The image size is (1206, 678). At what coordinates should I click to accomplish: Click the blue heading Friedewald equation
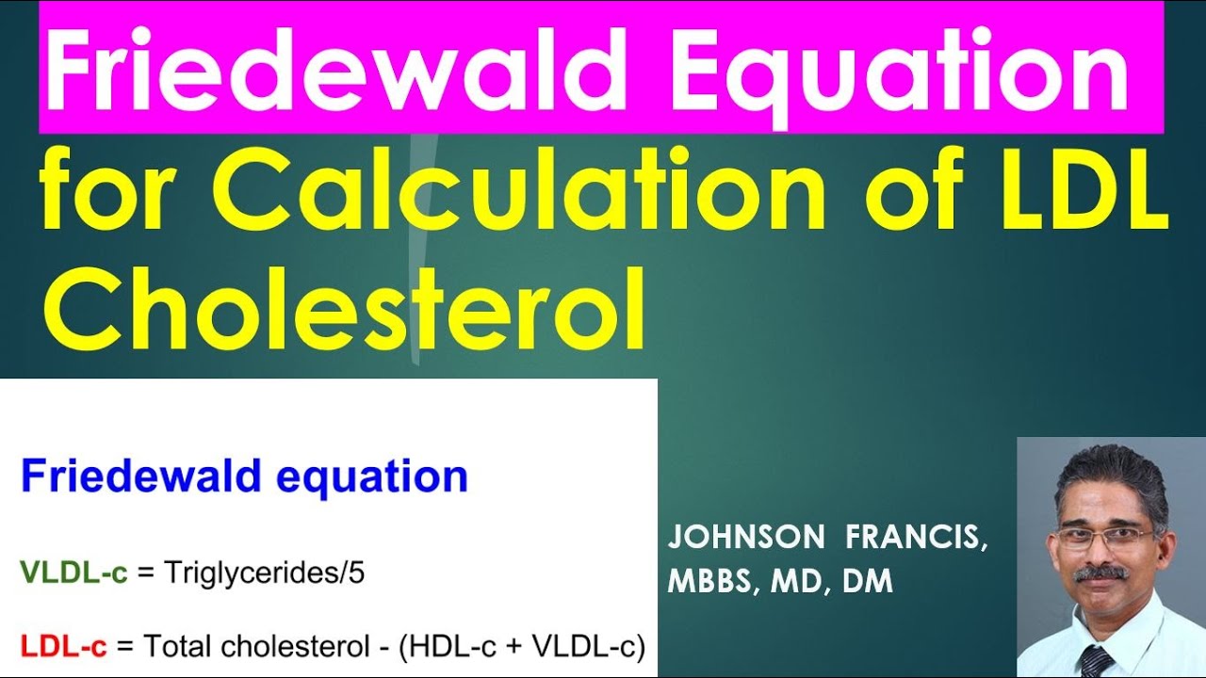[x=244, y=476]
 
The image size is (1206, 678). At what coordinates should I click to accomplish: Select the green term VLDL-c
[x=73, y=573]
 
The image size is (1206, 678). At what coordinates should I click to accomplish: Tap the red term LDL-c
[x=64, y=647]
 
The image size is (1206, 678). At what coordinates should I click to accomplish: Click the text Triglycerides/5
[x=264, y=574]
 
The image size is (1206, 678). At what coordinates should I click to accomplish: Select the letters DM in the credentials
[x=868, y=581]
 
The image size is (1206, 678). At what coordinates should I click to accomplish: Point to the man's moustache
[x=1100, y=572]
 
